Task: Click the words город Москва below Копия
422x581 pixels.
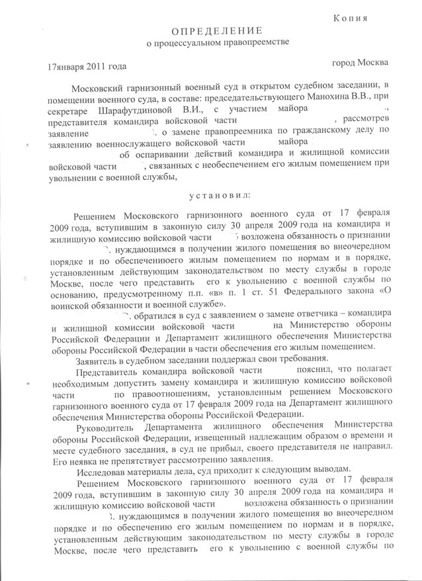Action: [x=360, y=63]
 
